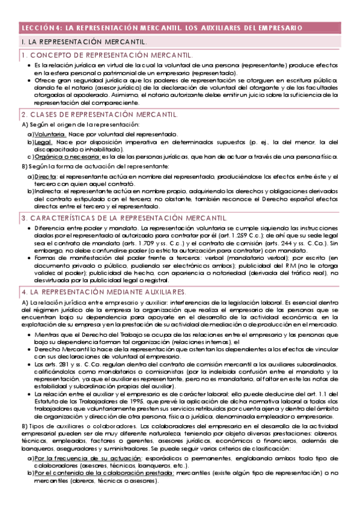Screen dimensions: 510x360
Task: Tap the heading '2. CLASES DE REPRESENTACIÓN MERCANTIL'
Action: pyautogui.click(x=99, y=114)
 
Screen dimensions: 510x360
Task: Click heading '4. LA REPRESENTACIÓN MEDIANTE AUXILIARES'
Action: pyautogui.click(x=105, y=290)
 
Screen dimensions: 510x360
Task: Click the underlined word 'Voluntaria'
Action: pyautogui.click(x=50, y=134)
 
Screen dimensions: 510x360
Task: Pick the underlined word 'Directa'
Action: pyautogui.click(x=46, y=176)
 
